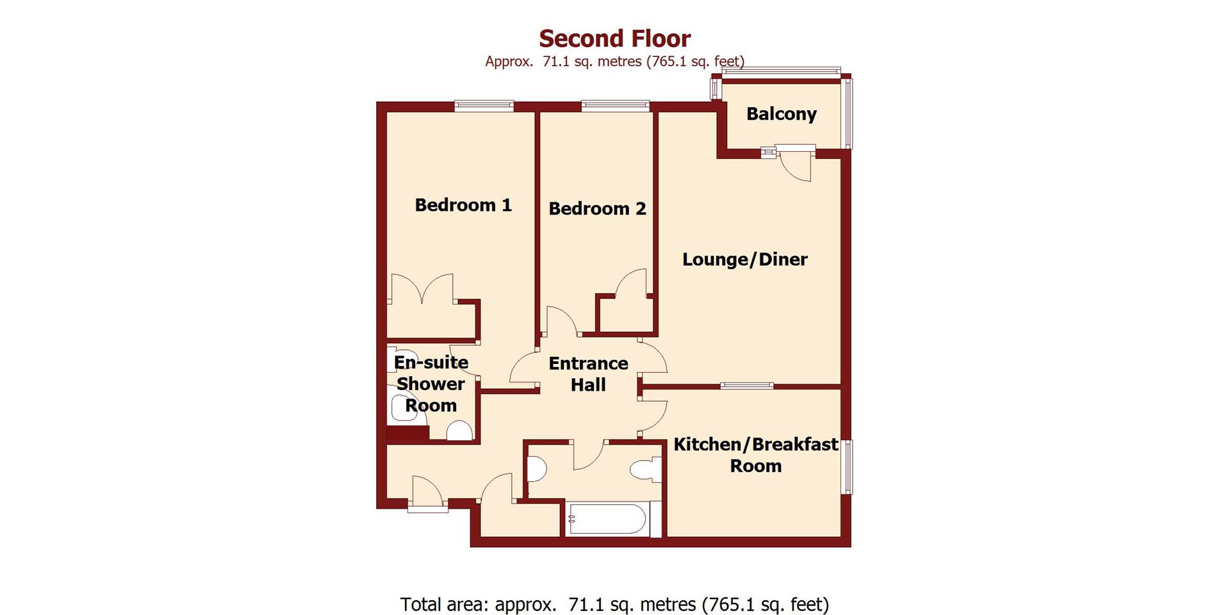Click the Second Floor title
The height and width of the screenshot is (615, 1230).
[614, 38]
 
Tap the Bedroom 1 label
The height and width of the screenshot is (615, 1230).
[463, 205]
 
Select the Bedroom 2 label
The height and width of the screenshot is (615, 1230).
[597, 208]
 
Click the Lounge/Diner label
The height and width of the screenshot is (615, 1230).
[744, 259]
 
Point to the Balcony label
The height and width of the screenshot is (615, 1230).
[781, 114]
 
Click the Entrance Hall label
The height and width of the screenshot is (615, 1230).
[588, 373]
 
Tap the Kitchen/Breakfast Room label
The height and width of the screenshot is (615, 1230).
[755, 454]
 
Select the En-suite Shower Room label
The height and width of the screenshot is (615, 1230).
[430, 384]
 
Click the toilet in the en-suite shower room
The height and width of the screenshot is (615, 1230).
[459, 431]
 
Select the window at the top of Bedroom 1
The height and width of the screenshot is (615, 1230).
[484, 106]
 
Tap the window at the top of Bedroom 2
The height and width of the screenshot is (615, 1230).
[615, 106]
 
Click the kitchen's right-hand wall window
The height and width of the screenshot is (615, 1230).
[847, 466]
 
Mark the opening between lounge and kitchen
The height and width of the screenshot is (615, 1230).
[746, 386]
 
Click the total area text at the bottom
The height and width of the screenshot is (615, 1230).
[614, 604]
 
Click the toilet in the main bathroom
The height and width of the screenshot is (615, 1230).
[644, 470]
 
